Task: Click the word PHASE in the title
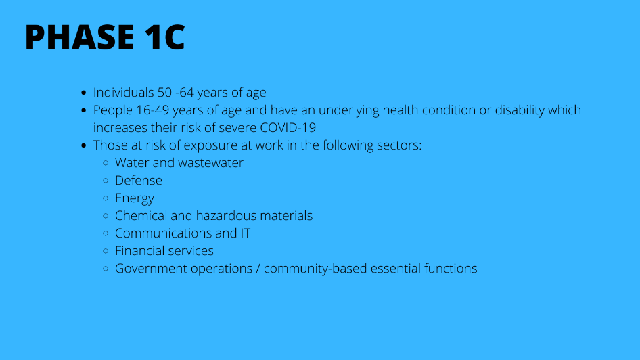pyautogui.click(x=80, y=37)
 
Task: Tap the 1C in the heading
pyautogui.click(x=164, y=37)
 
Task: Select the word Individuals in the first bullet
pyautogui.click(x=124, y=92)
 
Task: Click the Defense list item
pyautogui.click(x=139, y=181)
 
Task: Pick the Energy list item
pyautogui.click(x=134, y=198)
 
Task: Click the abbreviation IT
pyautogui.click(x=246, y=233)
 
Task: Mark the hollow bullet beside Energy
pyautogui.click(x=106, y=198)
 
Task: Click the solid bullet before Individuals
pyautogui.click(x=84, y=93)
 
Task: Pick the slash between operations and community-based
pyautogui.click(x=258, y=269)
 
